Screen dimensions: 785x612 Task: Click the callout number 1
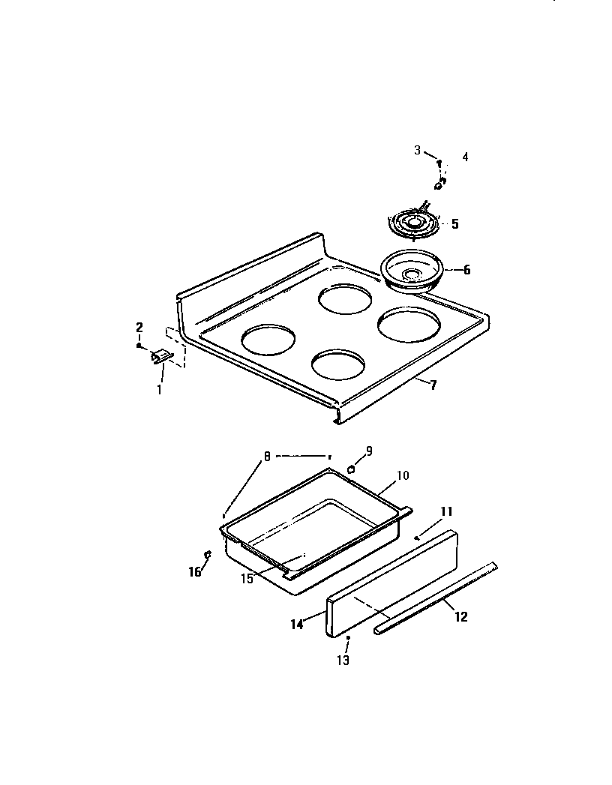click(x=159, y=389)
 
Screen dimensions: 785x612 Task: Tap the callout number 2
click(x=139, y=328)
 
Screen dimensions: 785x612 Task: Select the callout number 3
click(x=418, y=151)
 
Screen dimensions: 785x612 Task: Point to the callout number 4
click(x=465, y=157)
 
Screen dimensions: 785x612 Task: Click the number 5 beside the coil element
click(x=454, y=223)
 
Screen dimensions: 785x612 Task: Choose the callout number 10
click(x=402, y=475)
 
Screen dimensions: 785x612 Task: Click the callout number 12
click(x=460, y=616)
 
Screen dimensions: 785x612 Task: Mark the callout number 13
click(x=343, y=660)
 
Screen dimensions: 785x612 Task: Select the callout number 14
click(x=297, y=623)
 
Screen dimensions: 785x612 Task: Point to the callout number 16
click(x=195, y=572)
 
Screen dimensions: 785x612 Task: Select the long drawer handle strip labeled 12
click(x=435, y=595)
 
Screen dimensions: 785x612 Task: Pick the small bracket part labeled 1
click(x=160, y=358)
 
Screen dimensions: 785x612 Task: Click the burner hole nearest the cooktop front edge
click(x=338, y=365)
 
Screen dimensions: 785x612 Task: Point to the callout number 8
click(x=266, y=456)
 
